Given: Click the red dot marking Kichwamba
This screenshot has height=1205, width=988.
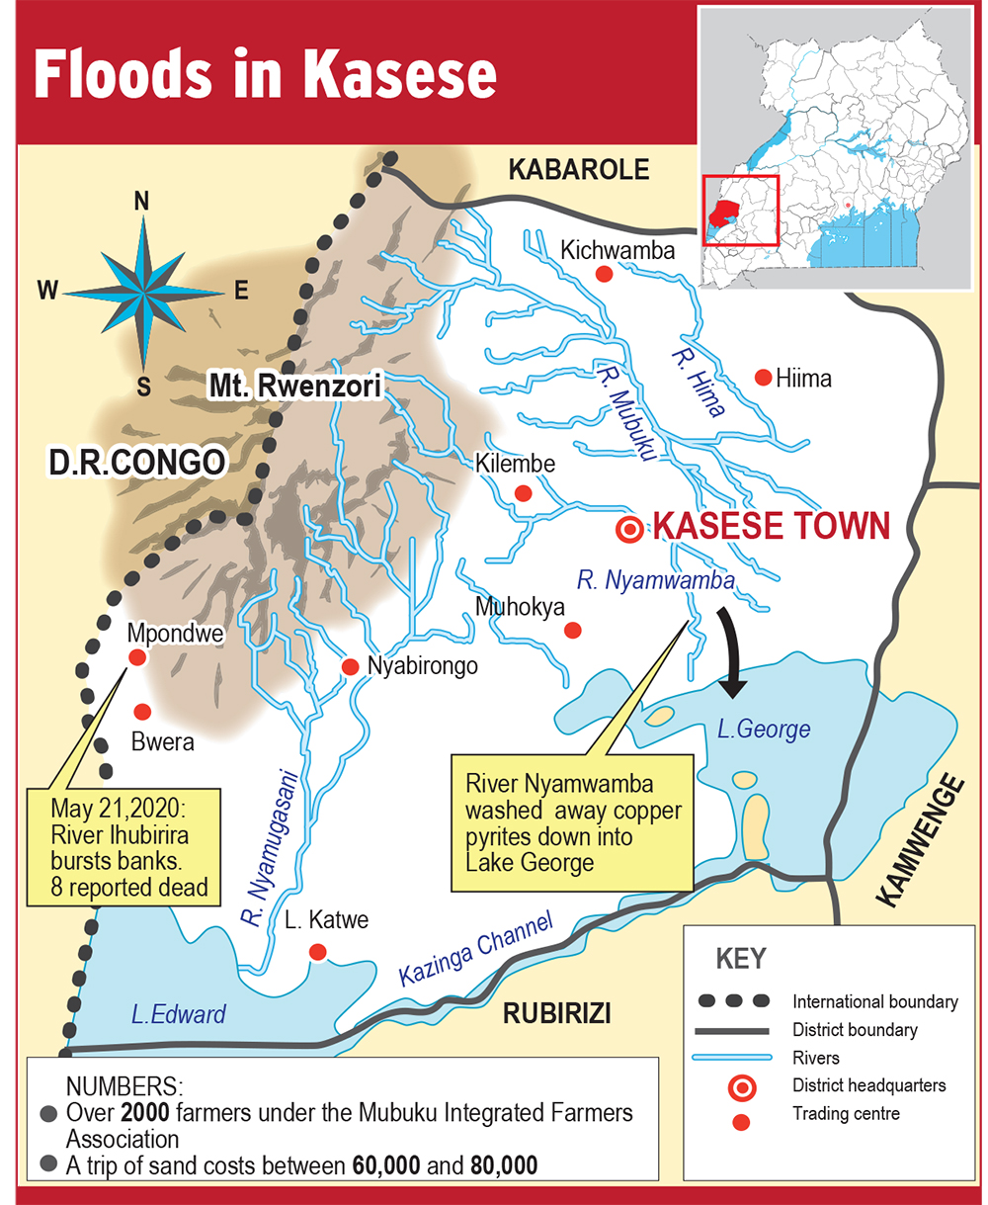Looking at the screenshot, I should [604, 274].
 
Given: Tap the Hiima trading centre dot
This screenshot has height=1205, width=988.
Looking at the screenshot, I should [763, 377].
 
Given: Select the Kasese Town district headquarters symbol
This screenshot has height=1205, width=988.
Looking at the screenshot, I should [628, 530].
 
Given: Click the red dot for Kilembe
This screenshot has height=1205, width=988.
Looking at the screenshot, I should [524, 492].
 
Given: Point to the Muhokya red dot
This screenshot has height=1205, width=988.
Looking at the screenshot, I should [572, 630].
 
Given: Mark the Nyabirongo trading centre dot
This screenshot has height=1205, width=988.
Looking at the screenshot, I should [350, 667].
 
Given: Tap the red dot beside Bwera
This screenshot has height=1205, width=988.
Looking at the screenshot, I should [142, 711].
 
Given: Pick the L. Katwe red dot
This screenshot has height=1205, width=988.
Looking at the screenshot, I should [317, 952].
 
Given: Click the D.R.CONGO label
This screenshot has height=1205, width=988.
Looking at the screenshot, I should [134, 462].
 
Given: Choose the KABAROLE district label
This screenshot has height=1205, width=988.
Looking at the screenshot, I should [579, 170].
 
